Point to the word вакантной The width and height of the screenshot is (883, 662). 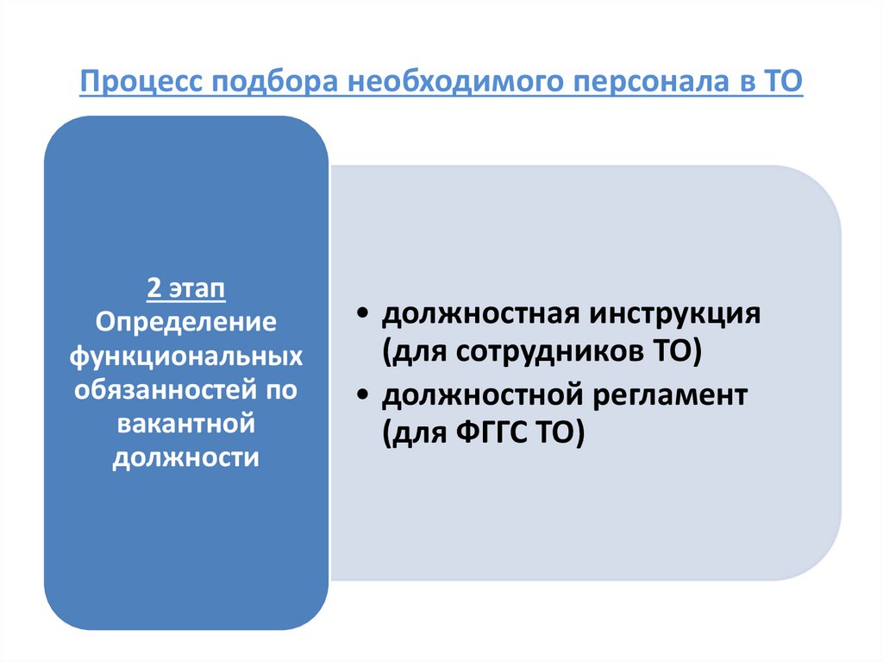pos(186,423)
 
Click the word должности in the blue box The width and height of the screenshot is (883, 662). pos(186,457)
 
